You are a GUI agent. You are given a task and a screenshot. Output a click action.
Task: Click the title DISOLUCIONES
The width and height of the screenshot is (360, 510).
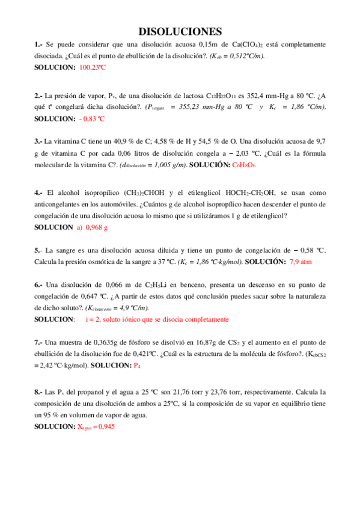tap(180, 31)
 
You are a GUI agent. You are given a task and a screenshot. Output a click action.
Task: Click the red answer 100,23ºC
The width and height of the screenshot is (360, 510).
tap(92, 67)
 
